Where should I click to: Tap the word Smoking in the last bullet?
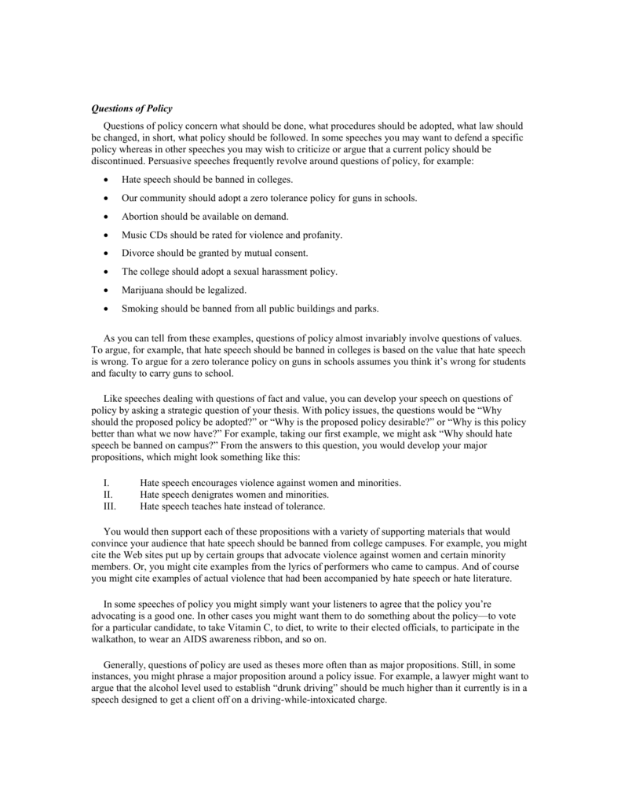[140, 308]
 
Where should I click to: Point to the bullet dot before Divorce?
[105, 253]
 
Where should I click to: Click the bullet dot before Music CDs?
[105, 235]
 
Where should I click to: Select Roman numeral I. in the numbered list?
[107, 481]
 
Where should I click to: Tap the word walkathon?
[116, 640]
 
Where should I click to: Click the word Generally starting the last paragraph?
[126, 663]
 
